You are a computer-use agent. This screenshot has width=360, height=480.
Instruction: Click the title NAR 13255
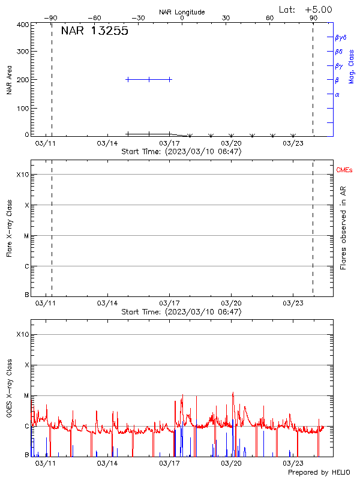94,32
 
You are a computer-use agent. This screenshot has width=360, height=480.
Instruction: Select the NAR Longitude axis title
182,12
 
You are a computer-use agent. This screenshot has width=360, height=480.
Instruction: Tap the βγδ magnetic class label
341,37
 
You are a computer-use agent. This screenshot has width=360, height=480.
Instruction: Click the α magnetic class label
337,94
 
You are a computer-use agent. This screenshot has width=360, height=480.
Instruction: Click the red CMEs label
344,171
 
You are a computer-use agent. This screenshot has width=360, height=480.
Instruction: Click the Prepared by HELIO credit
318,472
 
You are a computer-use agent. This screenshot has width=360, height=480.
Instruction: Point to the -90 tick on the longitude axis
52,18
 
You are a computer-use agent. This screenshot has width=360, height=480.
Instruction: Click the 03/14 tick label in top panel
107,143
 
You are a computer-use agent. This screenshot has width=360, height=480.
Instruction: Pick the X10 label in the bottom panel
23,334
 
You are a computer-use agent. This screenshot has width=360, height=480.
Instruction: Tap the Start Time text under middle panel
181,312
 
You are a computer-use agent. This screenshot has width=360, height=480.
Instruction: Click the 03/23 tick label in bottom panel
293,463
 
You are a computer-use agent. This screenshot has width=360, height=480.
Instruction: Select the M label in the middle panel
26,236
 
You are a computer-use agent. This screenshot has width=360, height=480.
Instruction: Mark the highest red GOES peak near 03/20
233,393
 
